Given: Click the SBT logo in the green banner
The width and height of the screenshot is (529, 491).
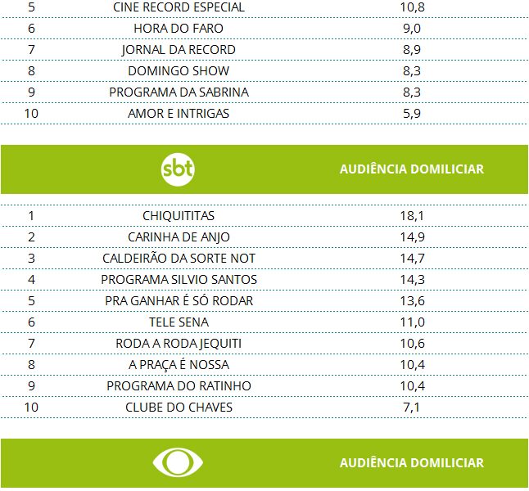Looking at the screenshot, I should (178, 169).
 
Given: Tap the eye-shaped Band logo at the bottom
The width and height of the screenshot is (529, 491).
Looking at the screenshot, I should (178, 462).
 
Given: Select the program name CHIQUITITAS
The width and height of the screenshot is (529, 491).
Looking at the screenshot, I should (179, 215).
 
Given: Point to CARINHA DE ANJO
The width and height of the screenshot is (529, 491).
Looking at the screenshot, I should (179, 236).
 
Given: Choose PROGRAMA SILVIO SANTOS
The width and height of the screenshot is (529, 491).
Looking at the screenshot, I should (179, 279).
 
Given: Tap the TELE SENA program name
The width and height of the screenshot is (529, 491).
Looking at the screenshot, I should (179, 322).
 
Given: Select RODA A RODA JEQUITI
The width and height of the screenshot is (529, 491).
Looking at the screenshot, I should (179, 343).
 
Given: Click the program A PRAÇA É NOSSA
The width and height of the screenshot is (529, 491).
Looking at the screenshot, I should (179, 364).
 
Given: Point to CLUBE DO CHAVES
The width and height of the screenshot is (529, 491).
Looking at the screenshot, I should (179, 407).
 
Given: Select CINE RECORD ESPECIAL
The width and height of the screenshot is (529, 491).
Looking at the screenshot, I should (179, 7).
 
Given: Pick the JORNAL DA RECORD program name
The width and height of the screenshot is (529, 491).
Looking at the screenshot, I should (179, 49).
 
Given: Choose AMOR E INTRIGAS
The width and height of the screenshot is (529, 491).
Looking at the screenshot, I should (179, 113).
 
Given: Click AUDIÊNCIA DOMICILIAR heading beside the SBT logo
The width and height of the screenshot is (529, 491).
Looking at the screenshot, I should (411, 169).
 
